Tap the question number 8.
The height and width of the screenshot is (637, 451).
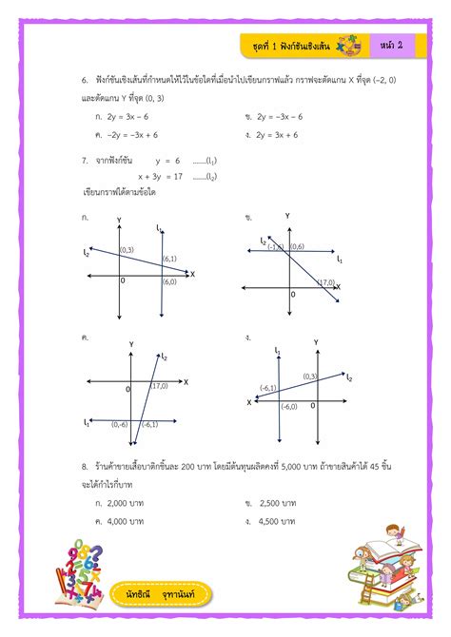(85, 468)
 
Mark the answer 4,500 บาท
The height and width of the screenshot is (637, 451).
(275, 521)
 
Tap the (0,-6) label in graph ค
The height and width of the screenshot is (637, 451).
(120, 424)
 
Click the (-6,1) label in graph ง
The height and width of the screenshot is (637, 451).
(267, 388)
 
